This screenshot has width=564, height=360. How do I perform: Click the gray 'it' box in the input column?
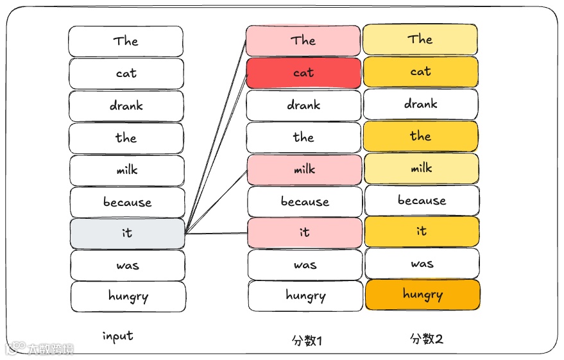coord(127,234)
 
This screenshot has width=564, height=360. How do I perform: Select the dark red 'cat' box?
coord(303,73)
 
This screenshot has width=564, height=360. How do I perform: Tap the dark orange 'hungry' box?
coord(422,295)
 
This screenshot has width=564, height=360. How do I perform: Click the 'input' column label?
coord(118,336)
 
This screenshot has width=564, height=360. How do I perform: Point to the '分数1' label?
coord(306,340)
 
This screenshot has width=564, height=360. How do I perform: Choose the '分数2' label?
coord(427,339)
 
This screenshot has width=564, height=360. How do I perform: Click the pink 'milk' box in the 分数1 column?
coord(304,169)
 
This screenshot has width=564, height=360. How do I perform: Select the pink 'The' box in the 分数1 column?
coord(303,40)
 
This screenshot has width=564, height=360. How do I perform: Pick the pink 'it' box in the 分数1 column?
coord(304,232)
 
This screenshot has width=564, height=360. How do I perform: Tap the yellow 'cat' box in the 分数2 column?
coord(421,72)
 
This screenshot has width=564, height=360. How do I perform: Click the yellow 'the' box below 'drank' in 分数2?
coord(421,136)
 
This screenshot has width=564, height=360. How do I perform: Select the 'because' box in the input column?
coord(127,202)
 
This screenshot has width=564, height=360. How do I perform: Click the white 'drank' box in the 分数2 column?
coord(421,104)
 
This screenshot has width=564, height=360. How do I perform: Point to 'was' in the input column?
coord(127,265)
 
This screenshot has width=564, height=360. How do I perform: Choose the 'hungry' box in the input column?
coord(128,296)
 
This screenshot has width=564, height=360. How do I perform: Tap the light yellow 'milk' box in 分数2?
coord(421,169)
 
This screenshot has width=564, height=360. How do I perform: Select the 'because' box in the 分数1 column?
coord(305,201)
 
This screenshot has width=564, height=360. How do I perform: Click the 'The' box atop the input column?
coord(126,41)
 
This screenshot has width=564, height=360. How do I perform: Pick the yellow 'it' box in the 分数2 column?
coord(422,231)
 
